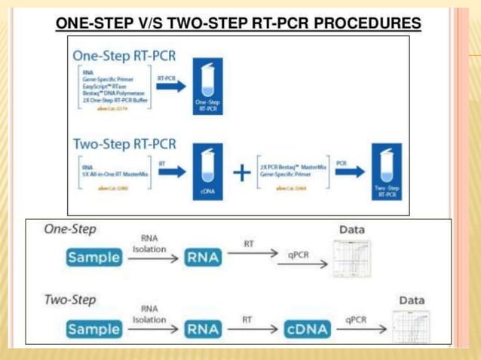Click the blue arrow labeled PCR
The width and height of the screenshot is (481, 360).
coord(344,172)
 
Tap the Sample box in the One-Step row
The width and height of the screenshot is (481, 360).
coord(93,258)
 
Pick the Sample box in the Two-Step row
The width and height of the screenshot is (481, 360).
coord(93,329)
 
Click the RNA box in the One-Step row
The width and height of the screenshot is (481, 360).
coord(204,258)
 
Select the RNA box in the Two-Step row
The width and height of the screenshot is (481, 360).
coord(204,329)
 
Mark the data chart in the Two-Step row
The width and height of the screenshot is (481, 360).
coord(411,325)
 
